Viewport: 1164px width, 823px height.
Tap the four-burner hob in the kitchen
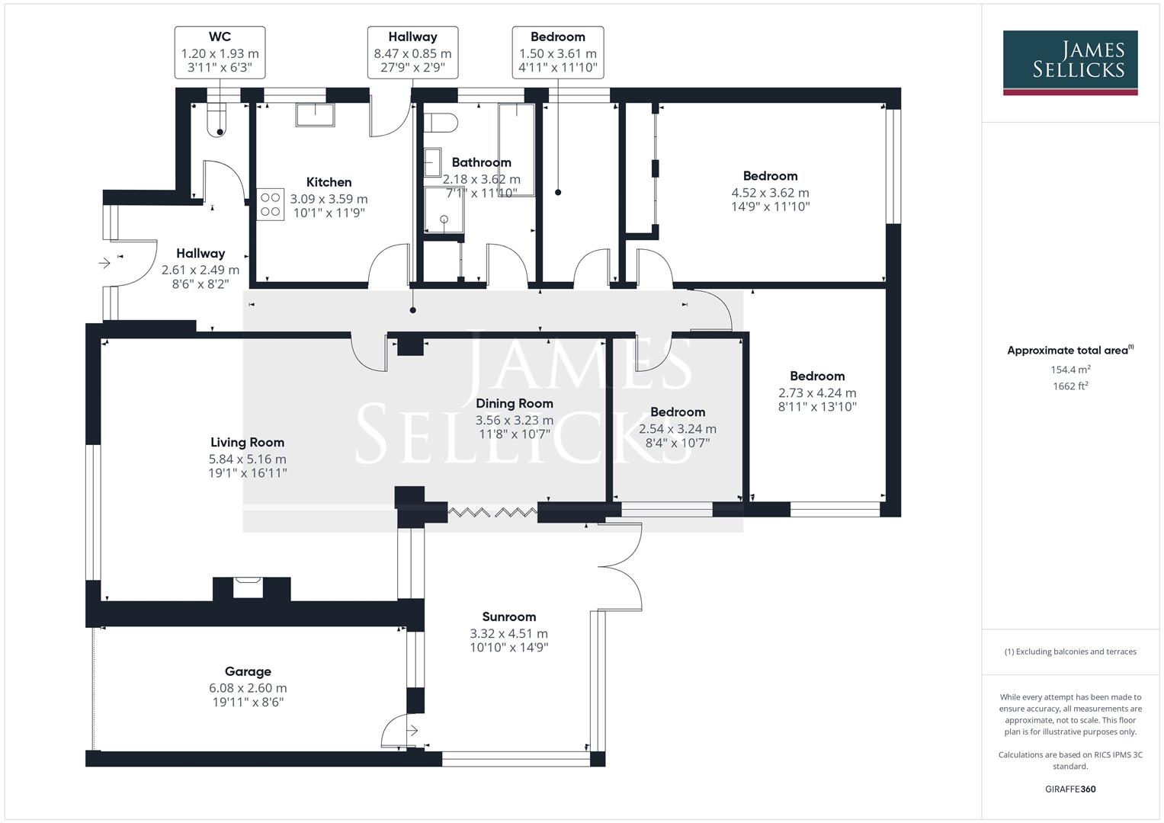[271, 204]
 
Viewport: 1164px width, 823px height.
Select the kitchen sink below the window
[315, 114]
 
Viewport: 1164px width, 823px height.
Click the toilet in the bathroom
[441, 122]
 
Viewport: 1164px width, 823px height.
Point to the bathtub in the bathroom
[517, 150]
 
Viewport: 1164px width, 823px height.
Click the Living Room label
[247, 442]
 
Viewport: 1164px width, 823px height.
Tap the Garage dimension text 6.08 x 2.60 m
[248, 687]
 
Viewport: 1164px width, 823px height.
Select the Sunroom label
[508, 616]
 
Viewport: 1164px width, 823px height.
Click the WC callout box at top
[220, 53]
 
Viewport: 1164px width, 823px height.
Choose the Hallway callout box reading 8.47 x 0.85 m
[412, 53]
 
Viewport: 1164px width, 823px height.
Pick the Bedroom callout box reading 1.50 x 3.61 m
[557, 53]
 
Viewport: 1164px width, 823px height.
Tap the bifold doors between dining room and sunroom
[492, 512]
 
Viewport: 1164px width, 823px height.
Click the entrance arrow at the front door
[105, 263]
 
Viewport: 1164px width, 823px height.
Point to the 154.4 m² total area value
[1070, 370]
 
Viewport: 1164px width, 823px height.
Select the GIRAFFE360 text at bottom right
[1070, 789]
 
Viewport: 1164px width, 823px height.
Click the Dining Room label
[515, 403]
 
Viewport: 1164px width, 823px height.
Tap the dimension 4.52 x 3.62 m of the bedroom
[770, 193]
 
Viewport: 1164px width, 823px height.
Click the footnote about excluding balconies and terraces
[1070, 652]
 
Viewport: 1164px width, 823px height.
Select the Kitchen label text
[329, 182]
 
